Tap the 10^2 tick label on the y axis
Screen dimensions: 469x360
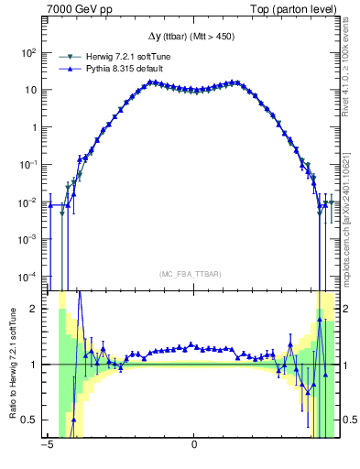(29, 53)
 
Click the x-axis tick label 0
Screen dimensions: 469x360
(194, 446)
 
